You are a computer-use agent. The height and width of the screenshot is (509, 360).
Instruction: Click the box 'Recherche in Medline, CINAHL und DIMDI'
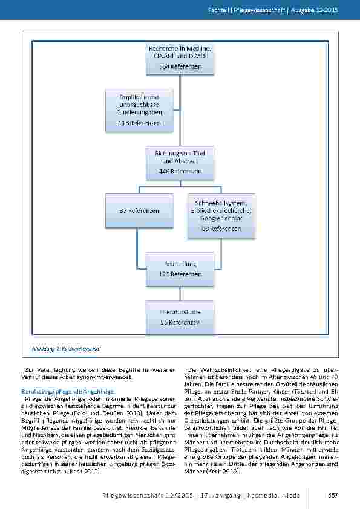(x=182, y=57)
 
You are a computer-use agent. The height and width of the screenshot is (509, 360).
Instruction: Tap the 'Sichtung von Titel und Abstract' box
(x=182, y=161)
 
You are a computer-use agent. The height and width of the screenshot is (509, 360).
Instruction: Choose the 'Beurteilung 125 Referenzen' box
(x=182, y=268)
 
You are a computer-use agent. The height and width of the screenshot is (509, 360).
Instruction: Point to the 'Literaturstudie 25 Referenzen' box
(x=182, y=317)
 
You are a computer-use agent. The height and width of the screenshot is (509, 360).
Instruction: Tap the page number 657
(x=332, y=495)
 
